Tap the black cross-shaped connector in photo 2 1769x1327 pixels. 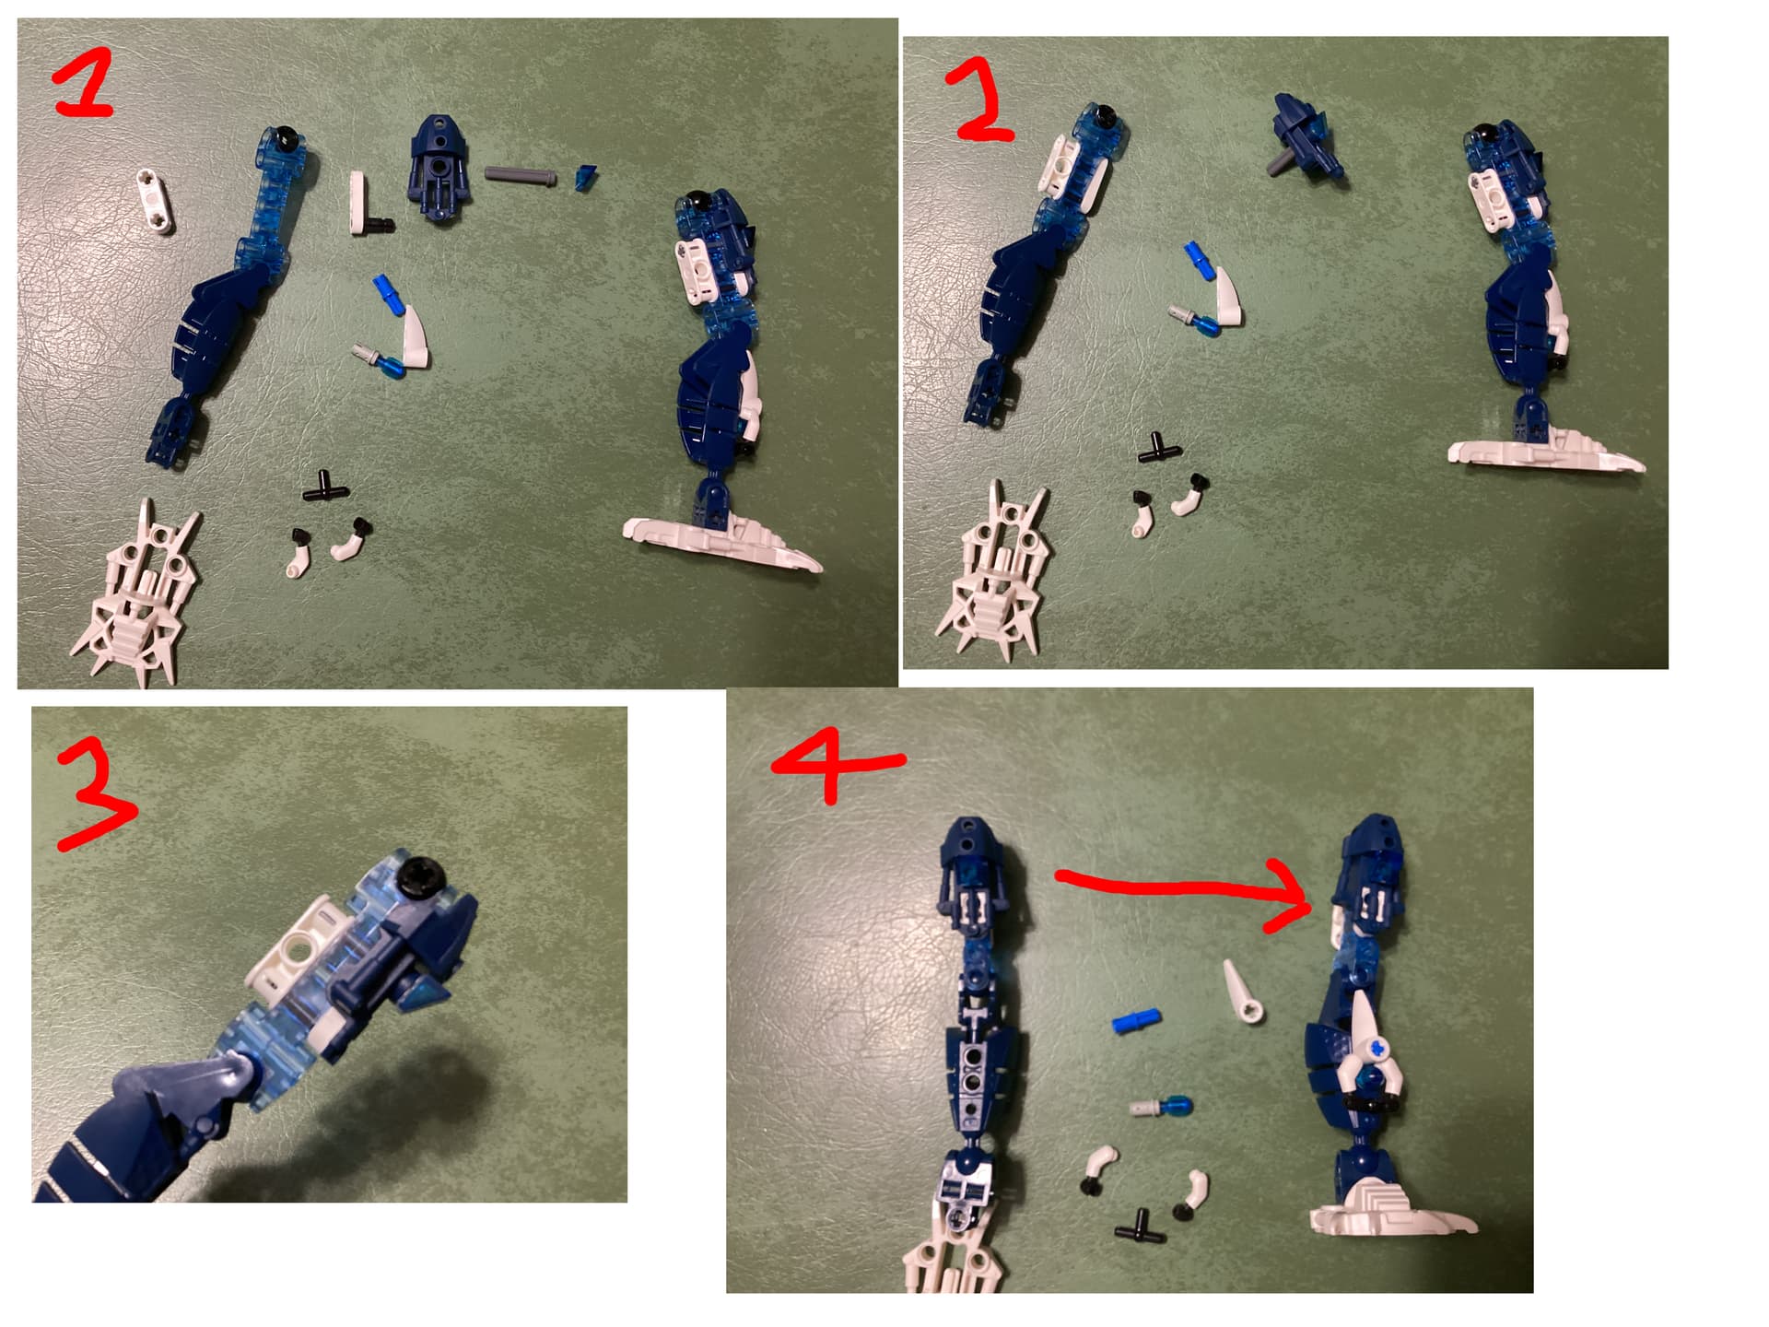1159,448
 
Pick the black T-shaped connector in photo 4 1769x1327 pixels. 1140,1226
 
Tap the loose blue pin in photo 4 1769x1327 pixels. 1135,1021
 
